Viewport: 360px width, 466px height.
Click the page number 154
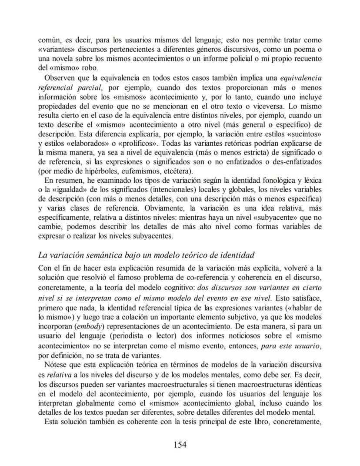(180, 444)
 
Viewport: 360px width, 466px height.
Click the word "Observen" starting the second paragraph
(60, 78)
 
